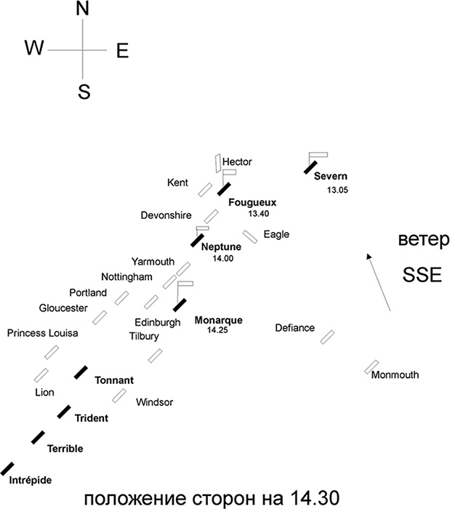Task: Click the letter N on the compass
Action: point(83,10)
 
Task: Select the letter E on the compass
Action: point(122,50)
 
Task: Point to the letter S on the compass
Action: point(84,92)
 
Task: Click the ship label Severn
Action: point(331,177)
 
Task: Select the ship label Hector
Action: point(237,161)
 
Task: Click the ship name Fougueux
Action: point(252,202)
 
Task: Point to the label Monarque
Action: point(219,320)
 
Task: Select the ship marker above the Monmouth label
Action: point(371,366)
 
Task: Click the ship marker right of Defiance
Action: point(327,336)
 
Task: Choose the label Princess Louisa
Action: point(42,333)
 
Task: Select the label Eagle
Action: point(276,234)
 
